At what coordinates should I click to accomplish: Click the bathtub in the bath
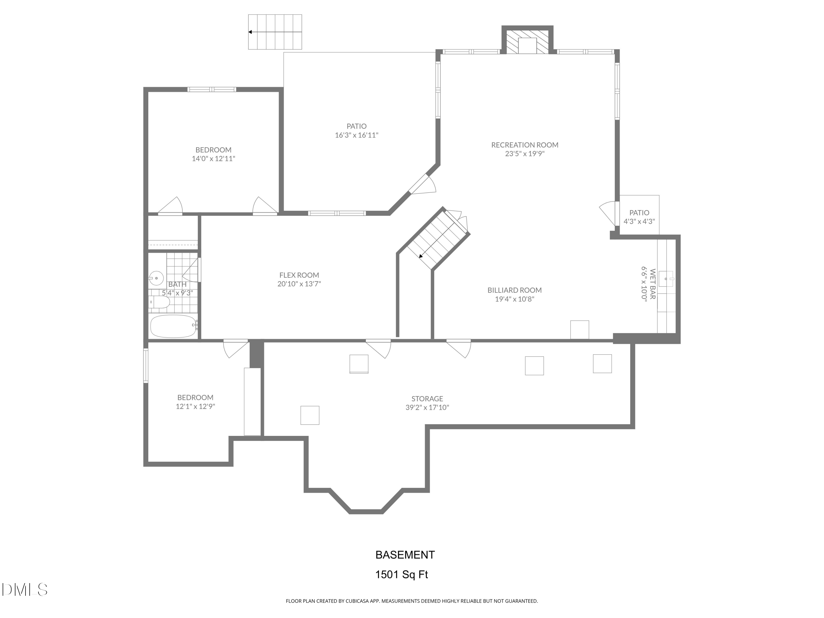(x=173, y=326)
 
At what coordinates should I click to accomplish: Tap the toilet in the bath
(x=159, y=304)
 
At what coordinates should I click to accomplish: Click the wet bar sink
(x=666, y=279)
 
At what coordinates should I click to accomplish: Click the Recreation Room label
(x=525, y=145)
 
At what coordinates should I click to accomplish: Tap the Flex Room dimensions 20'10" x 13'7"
(x=299, y=284)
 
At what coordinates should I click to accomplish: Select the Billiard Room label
(x=514, y=290)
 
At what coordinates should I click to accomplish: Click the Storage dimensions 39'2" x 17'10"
(x=427, y=408)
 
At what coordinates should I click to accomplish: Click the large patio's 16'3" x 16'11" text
(x=357, y=135)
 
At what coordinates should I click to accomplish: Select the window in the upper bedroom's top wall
(x=211, y=89)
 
